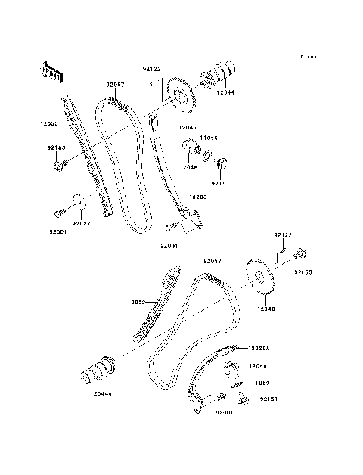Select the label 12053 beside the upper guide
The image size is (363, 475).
click(x=49, y=122)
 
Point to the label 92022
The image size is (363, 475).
click(x=81, y=223)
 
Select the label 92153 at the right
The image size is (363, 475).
click(x=304, y=270)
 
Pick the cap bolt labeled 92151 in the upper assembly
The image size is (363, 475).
click(x=222, y=161)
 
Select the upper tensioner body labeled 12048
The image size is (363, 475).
click(x=189, y=148)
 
